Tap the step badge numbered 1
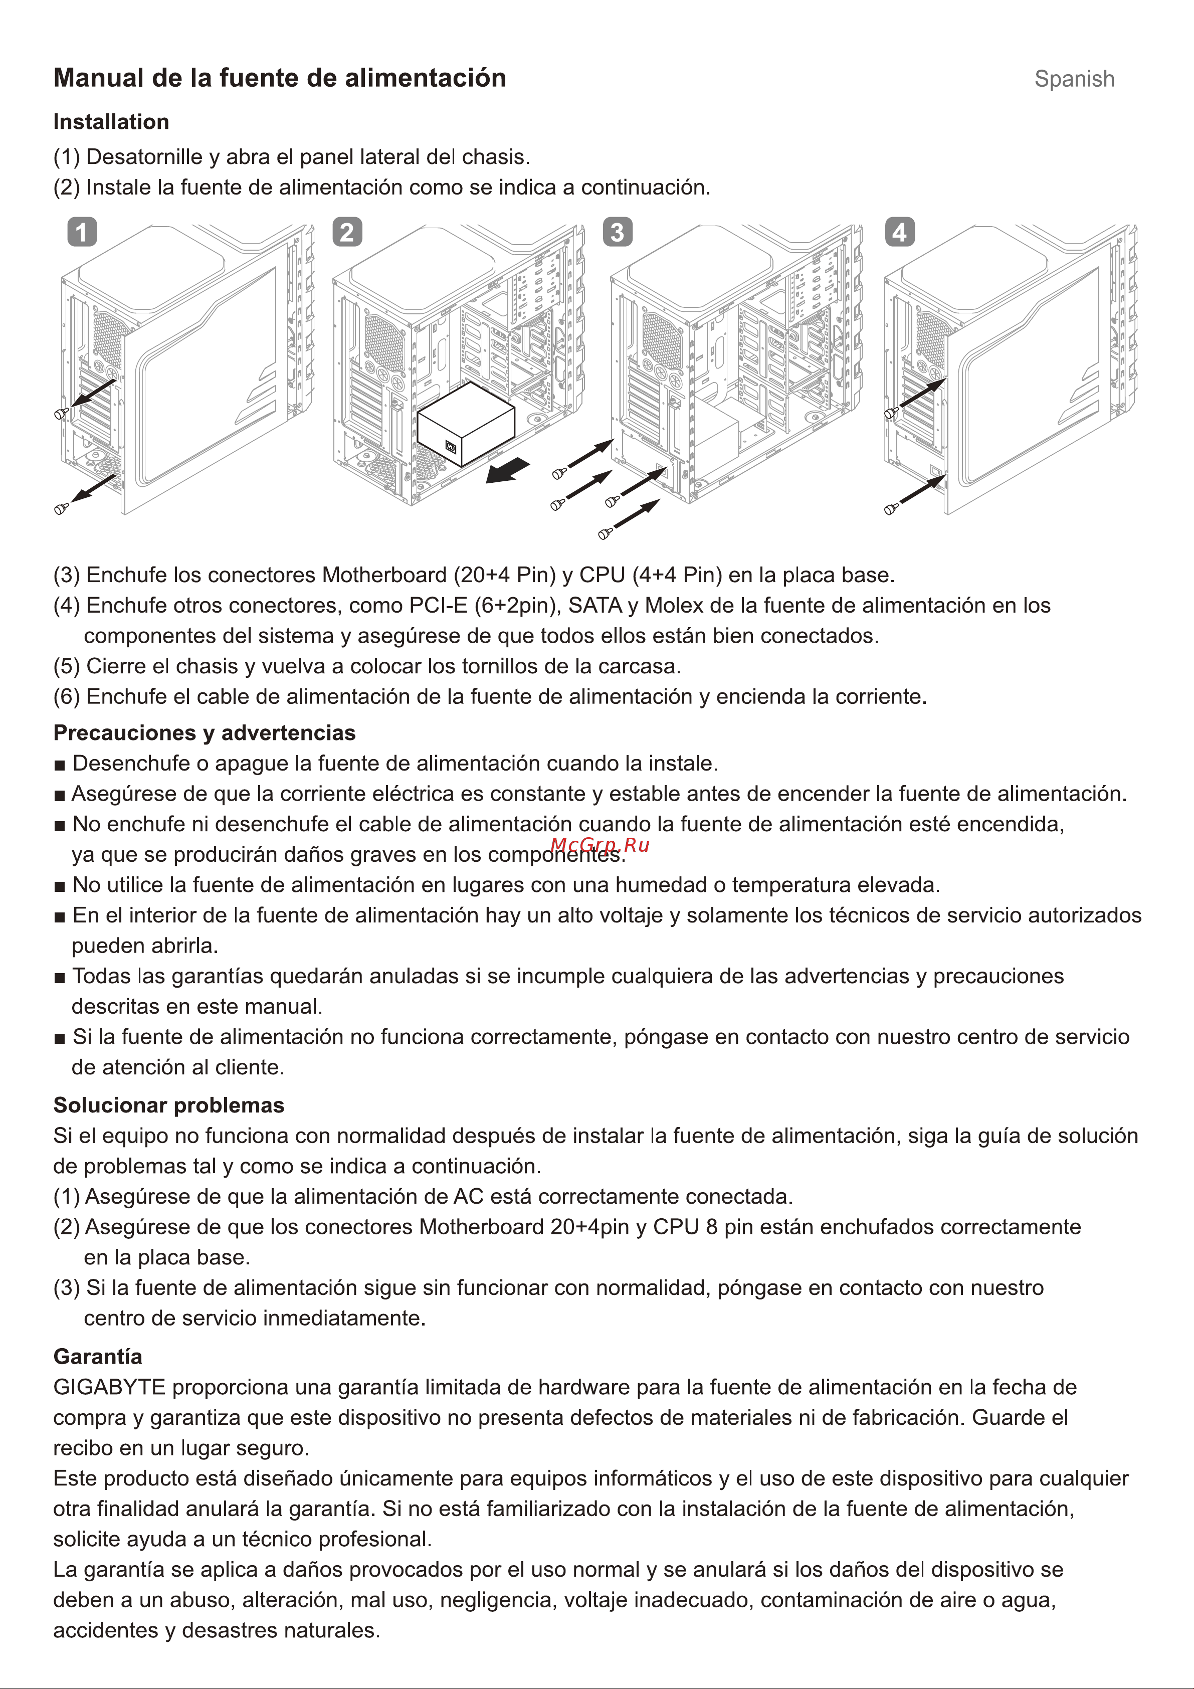pos(82,233)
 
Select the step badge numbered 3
pos(617,233)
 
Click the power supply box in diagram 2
pos(465,425)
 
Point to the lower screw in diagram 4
pos(891,508)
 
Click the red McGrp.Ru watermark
pos(600,845)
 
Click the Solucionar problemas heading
pos(168,1105)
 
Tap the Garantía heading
pos(98,1357)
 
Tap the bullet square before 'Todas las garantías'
pos(60,978)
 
